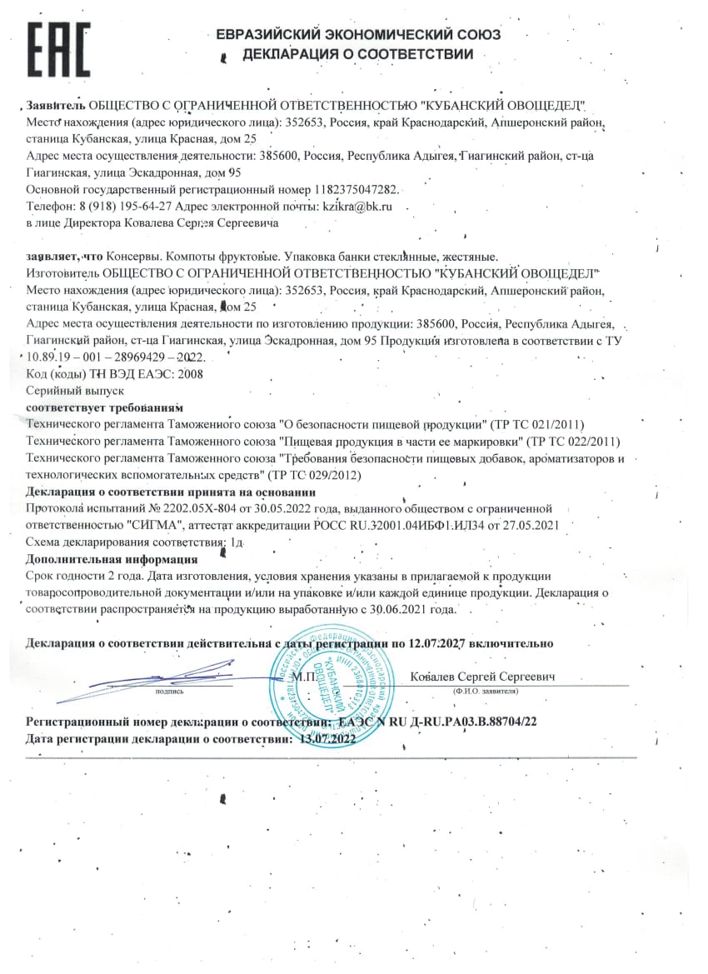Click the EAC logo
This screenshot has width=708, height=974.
coord(59,49)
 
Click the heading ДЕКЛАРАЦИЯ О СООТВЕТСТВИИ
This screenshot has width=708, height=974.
coord(358,55)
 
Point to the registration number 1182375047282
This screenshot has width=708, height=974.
coord(362,190)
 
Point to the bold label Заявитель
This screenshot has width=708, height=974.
coord(56,106)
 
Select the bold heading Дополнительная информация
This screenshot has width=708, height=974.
coord(112,559)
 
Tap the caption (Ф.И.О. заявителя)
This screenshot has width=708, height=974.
coord(486,691)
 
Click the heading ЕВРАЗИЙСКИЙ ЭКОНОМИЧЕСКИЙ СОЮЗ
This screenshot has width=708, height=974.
coord(358,35)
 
